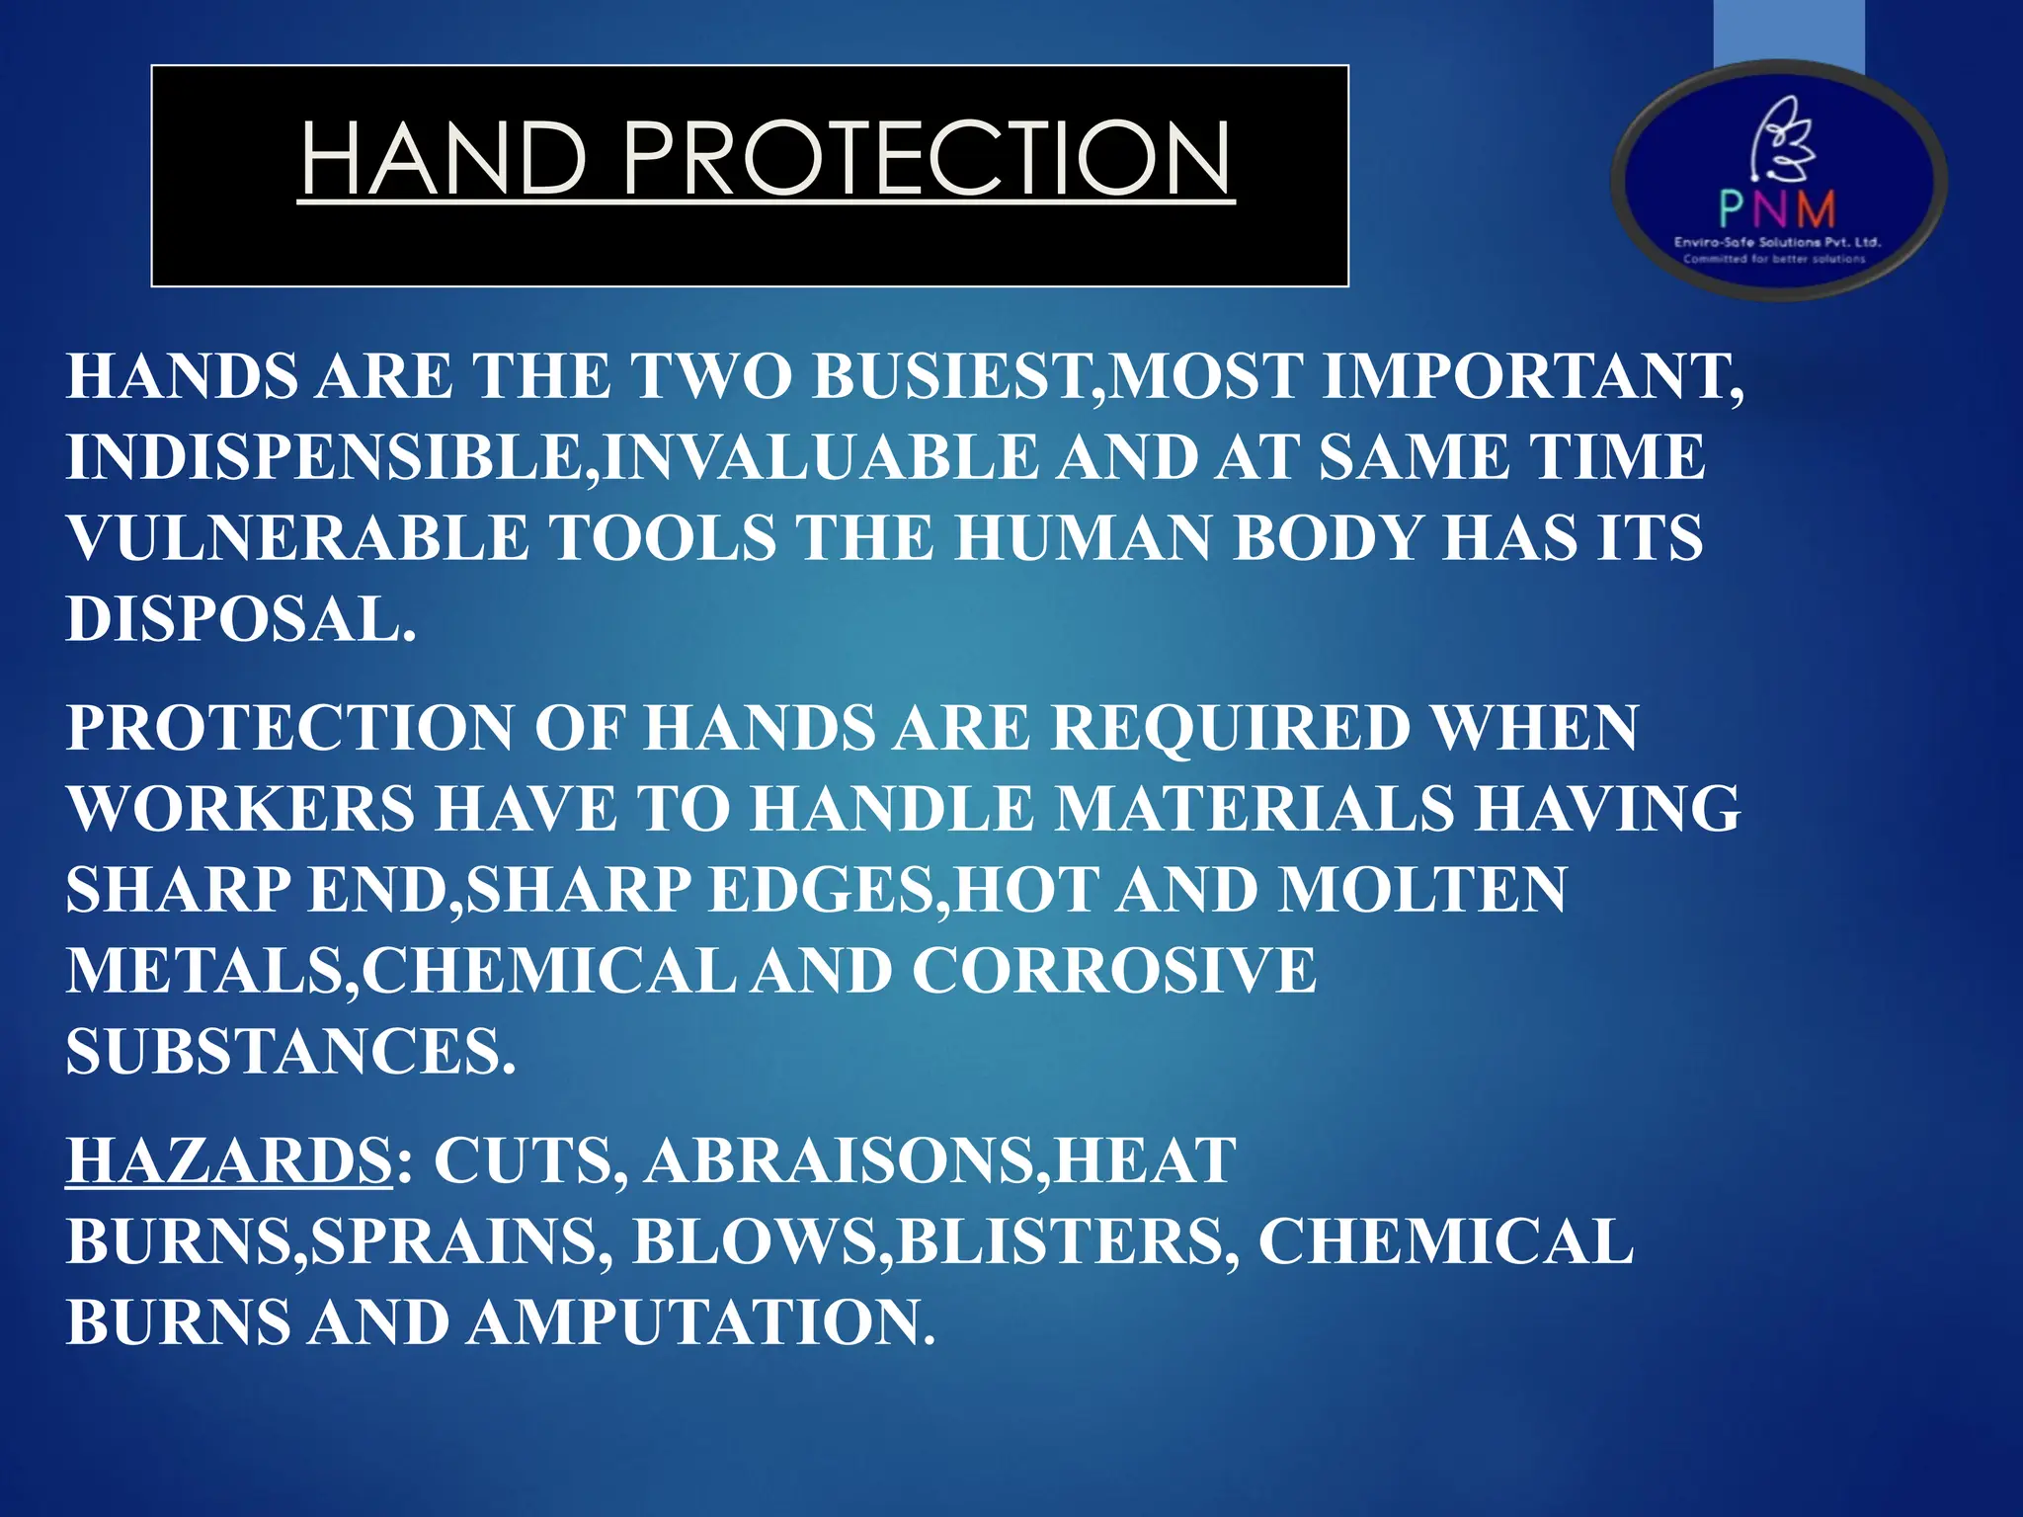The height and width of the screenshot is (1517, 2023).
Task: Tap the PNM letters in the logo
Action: (1777, 208)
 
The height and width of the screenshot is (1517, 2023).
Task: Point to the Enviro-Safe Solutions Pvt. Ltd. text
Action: (1777, 242)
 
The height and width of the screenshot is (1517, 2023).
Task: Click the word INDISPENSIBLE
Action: (327, 458)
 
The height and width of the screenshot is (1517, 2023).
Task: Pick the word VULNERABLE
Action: (297, 539)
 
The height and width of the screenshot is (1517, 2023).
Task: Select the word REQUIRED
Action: (1230, 729)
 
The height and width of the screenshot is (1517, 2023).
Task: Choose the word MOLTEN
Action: (1421, 891)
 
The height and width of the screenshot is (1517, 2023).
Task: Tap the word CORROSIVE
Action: (1113, 971)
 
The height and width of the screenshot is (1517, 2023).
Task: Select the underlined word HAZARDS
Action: (230, 1160)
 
